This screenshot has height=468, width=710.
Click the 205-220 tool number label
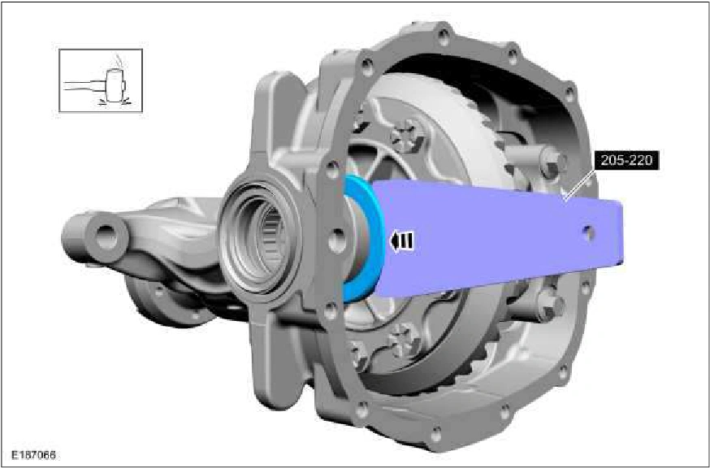(x=626, y=160)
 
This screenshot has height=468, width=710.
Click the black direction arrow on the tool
(x=401, y=240)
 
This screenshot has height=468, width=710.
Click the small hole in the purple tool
(x=589, y=233)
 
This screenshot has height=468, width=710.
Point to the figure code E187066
(x=34, y=454)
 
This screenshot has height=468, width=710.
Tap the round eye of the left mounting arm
(x=106, y=236)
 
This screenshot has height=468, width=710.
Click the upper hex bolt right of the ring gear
(x=553, y=163)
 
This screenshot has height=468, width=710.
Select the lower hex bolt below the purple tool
(x=551, y=306)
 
